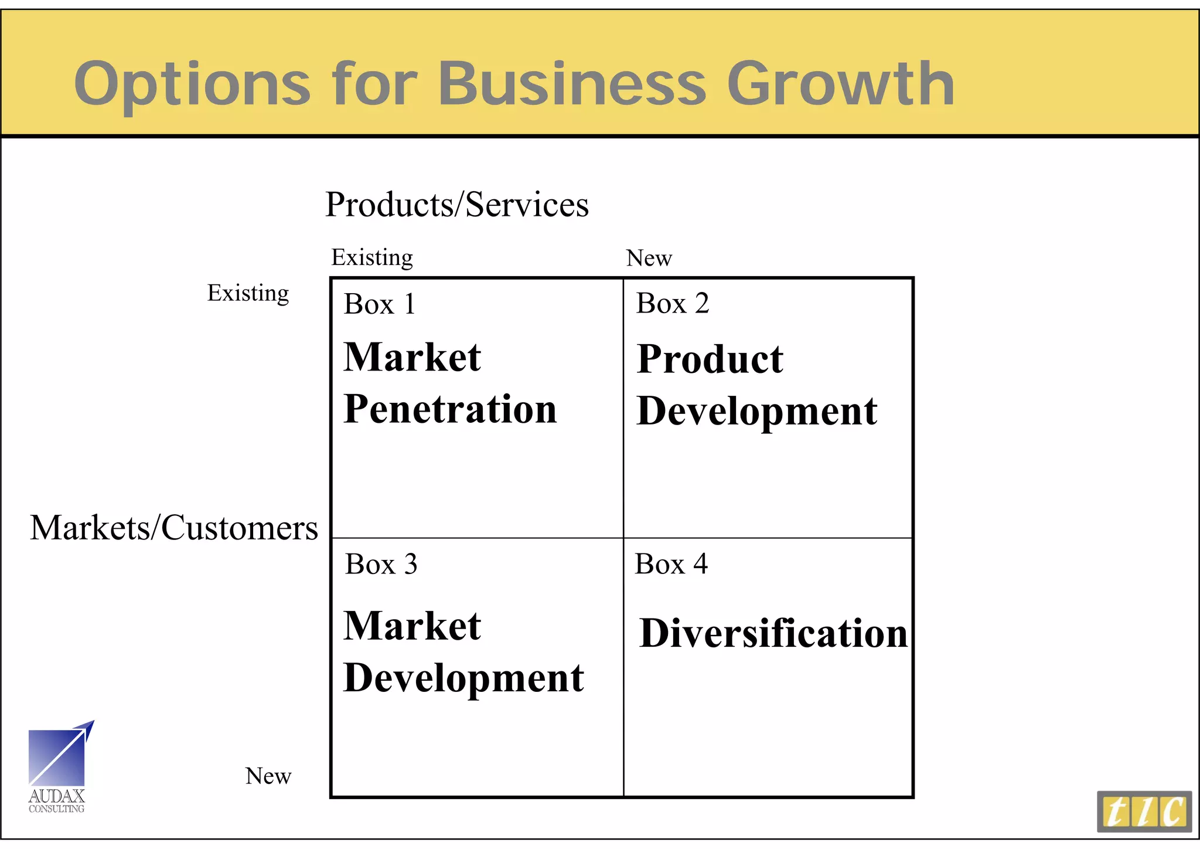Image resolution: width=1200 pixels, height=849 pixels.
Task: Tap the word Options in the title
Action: (x=192, y=85)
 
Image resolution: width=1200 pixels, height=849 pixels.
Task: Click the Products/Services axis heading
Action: (x=457, y=205)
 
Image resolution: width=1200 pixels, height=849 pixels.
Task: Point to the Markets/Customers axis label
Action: (x=174, y=528)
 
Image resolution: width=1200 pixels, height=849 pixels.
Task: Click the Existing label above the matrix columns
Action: (x=372, y=257)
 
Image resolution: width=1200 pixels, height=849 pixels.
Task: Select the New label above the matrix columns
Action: (x=649, y=258)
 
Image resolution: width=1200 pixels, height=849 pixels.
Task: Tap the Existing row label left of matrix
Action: (x=248, y=293)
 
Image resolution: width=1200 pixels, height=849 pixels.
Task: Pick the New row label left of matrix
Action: (x=268, y=776)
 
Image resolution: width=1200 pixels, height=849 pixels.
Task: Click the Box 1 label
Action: (x=380, y=304)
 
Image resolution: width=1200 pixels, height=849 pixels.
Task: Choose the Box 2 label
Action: (x=673, y=303)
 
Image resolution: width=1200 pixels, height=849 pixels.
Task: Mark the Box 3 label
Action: (x=381, y=564)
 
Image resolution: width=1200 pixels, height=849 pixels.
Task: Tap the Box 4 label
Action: (x=671, y=563)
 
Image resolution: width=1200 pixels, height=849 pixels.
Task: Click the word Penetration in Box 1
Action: (x=450, y=409)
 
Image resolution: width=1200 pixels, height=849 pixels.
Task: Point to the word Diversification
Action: (x=773, y=633)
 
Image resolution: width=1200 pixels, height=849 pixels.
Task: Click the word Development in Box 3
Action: (x=463, y=678)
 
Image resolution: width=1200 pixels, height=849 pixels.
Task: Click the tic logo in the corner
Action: (x=1144, y=811)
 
